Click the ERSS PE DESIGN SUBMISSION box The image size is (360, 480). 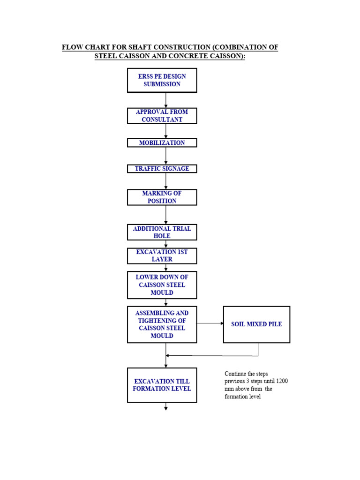pos(162,80)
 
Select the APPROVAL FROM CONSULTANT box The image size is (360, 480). pos(162,116)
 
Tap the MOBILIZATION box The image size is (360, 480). pos(162,143)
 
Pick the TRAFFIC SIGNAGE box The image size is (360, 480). pos(162,169)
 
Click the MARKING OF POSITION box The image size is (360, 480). pos(162,197)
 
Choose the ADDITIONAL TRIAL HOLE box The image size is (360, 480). pos(162,232)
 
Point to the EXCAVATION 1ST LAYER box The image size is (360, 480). pos(162,256)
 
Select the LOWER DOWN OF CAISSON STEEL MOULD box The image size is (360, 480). pos(162,285)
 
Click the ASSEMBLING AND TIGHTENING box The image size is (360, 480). pos(162,324)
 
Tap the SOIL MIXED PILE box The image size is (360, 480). pos(256,324)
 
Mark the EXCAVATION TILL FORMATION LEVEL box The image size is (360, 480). pos(162,385)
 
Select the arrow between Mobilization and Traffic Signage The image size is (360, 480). pos(166,156)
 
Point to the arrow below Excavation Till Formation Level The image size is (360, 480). pos(166,407)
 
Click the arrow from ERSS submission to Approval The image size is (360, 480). pos(166,100)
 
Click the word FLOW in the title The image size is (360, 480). pos(73,47)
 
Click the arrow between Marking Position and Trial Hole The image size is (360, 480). pos(166,215)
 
